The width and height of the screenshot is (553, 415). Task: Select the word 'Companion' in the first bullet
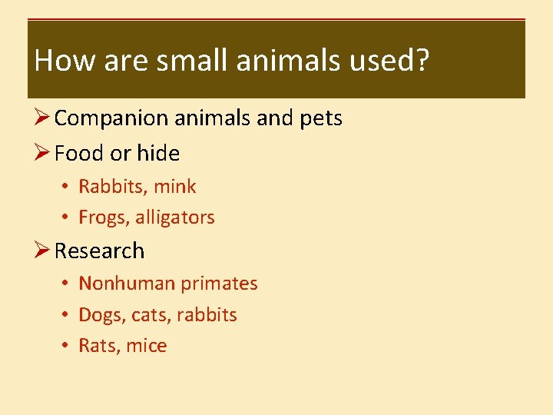tap(111, 118)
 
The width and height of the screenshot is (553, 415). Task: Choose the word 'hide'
tap(158, 154)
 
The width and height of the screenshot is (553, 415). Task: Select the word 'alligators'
tap(175, 218)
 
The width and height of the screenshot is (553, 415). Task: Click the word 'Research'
tap(100, 251)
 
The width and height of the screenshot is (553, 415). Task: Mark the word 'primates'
tap(220, 284)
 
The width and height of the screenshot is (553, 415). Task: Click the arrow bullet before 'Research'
tap(42, 251)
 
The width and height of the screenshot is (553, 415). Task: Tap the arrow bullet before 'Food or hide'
tap(42, 154)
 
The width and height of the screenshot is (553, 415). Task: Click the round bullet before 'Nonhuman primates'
tap(68, 284)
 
